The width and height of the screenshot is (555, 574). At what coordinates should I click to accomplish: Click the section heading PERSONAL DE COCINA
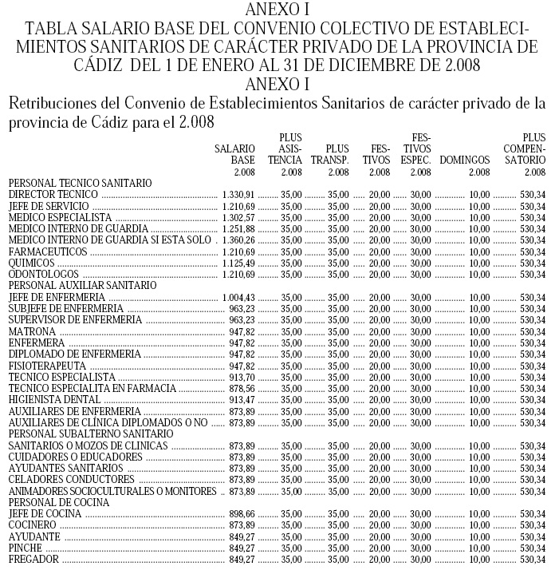[53, 502]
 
